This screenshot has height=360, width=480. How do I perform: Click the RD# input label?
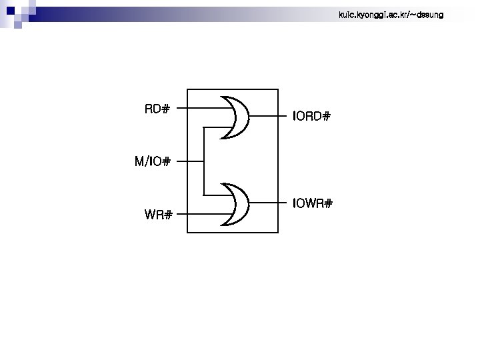point(157,109)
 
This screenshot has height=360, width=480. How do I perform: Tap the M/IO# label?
point(153,161)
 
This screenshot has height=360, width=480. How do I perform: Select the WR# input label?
point(159,215)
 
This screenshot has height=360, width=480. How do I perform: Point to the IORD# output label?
point(311,117)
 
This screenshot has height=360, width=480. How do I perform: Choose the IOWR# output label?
point(312,203)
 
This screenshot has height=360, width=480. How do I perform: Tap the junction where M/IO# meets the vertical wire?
point(203,161)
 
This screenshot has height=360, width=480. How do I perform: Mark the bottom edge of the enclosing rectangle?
point(232,232)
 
